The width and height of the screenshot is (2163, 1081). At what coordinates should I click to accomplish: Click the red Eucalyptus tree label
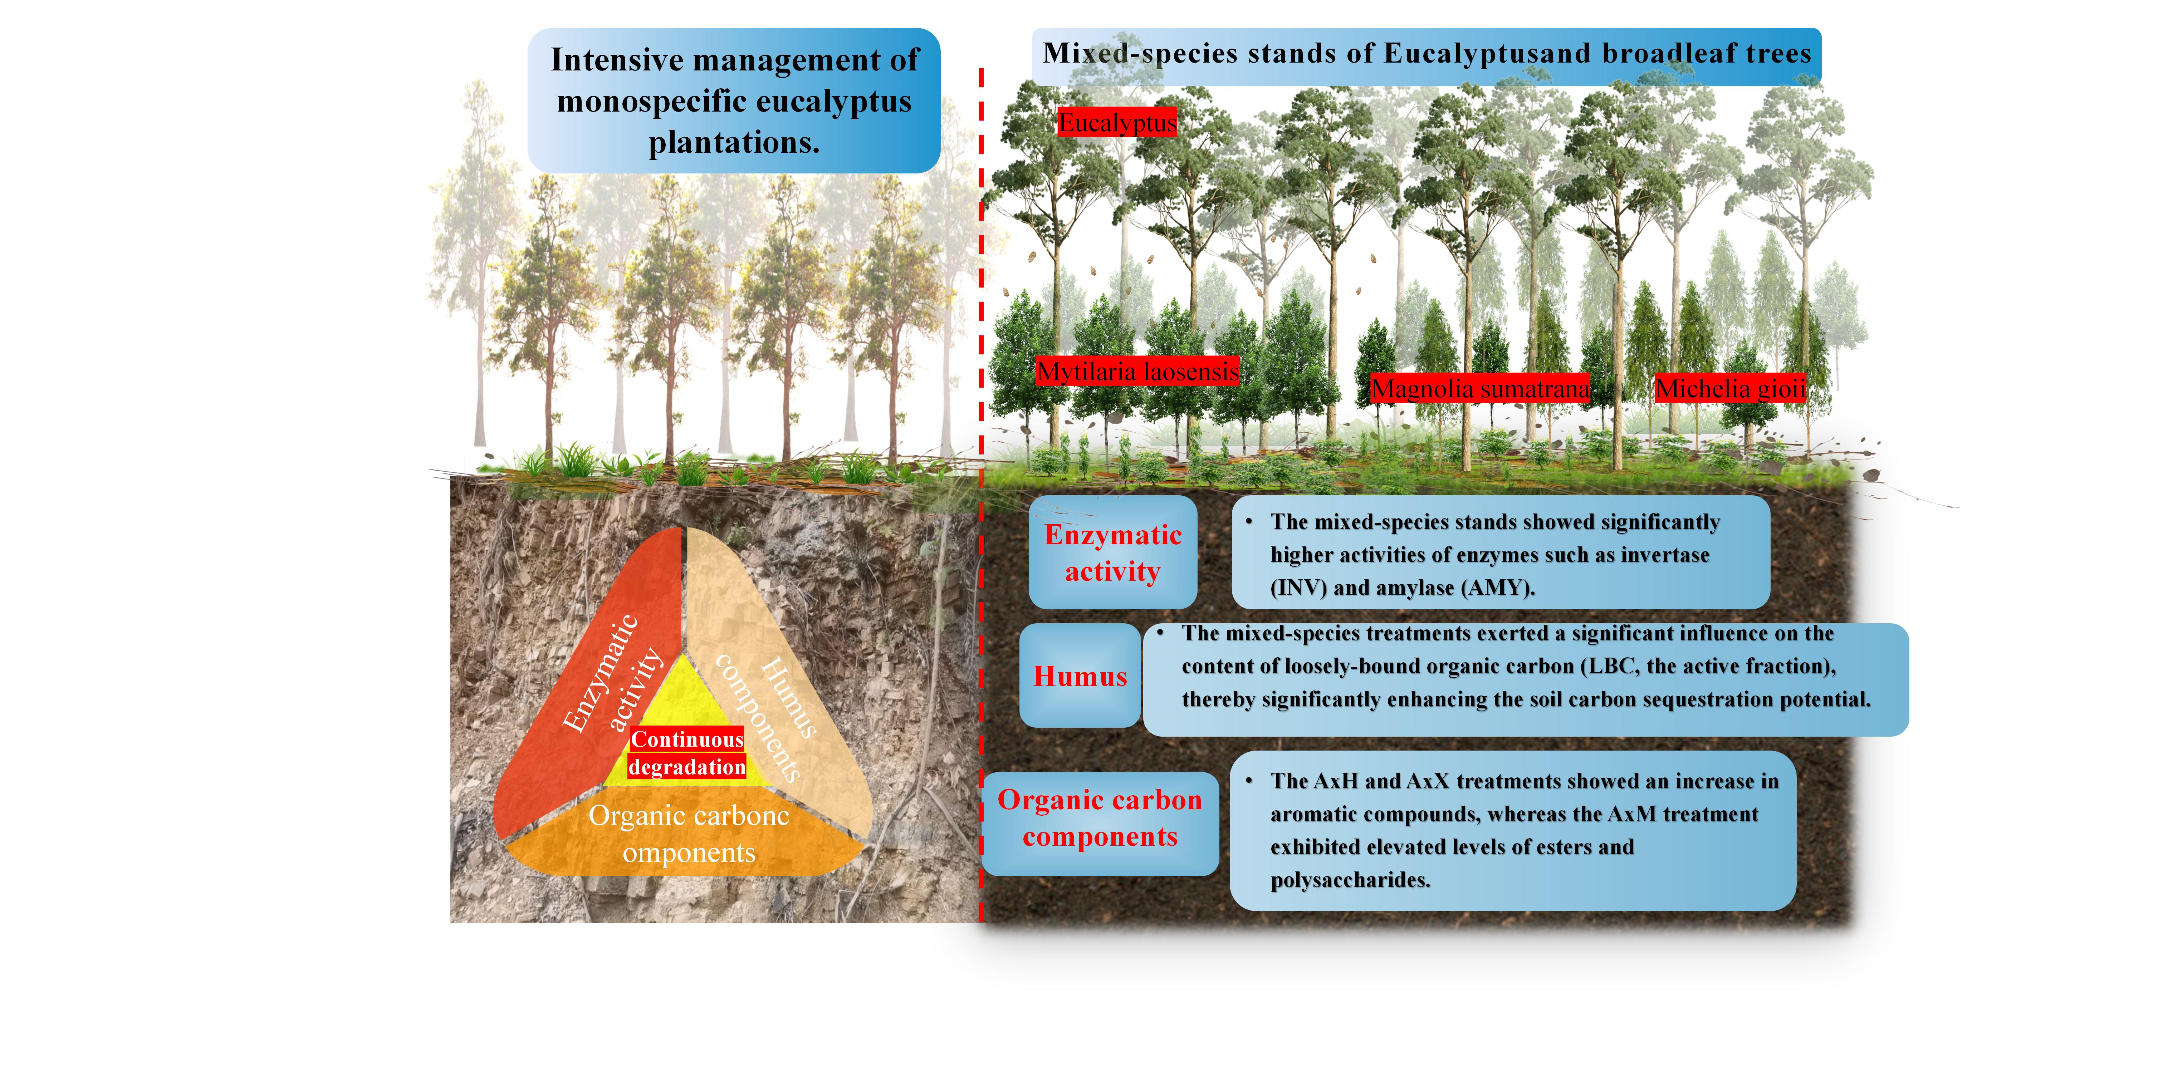click(1117, 123)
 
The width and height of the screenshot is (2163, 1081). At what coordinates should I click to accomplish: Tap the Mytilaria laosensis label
click(1137, 371)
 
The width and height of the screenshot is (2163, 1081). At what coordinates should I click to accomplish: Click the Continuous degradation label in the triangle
click(687, 753)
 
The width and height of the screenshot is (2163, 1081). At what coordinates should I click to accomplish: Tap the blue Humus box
click(1080, 675)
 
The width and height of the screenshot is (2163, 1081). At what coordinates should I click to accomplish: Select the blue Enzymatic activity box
click(1112, 552)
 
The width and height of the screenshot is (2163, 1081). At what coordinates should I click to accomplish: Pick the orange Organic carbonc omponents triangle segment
click(689, 835)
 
